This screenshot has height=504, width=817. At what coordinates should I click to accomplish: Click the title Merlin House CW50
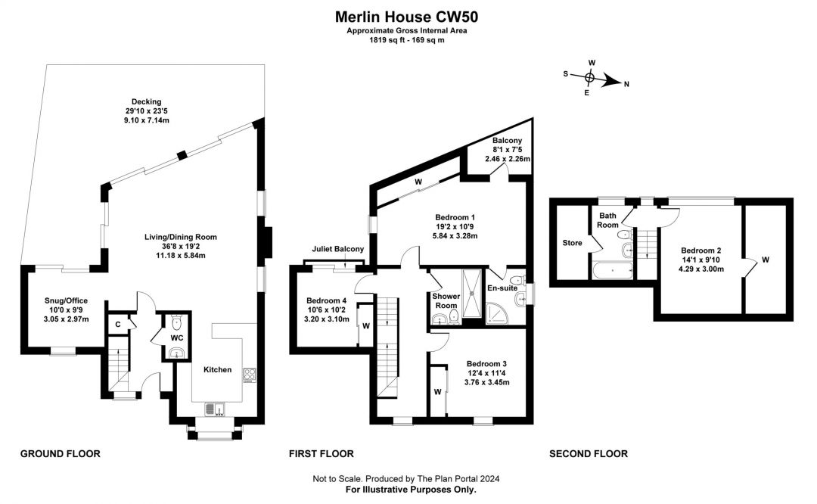(407, 16)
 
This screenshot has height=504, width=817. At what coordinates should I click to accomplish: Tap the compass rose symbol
(590, 76)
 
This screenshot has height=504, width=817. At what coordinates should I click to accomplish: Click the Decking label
(146, 101)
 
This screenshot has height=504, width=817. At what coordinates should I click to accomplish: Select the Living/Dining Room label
(176, 237)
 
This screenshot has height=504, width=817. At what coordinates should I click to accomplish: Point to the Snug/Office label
(67, 300)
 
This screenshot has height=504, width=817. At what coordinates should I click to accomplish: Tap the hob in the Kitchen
(250, 375)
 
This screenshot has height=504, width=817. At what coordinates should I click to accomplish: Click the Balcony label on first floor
(506, 141)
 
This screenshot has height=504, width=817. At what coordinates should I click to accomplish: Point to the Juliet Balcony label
(338, 249)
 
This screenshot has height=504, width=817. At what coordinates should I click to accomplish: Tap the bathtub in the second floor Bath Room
(614, 269)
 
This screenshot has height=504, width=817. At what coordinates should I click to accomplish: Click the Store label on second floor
(572, 244)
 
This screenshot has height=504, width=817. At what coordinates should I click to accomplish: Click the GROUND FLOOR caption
(60, 454)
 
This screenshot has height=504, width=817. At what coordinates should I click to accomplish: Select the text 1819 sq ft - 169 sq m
(407, 39)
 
